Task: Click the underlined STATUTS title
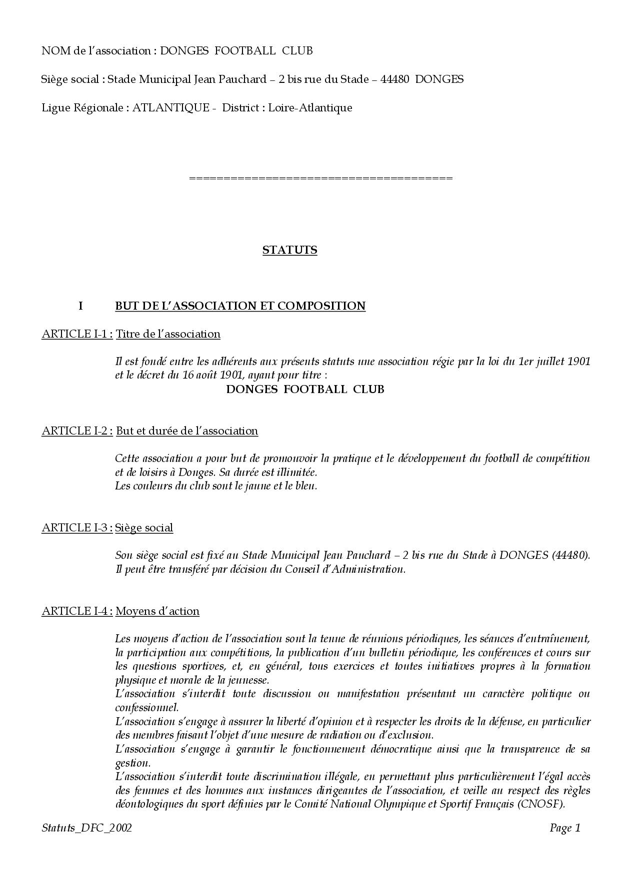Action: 289,250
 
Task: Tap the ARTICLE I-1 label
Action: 77,334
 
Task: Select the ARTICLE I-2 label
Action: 77,431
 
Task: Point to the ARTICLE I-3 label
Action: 77,528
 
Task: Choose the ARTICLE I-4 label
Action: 77,611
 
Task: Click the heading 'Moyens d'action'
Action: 157,611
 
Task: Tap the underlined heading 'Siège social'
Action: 144,528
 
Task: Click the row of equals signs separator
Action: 321,178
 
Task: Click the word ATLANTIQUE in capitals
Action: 170,108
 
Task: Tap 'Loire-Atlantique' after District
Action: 310,108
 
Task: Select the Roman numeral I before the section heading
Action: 80,306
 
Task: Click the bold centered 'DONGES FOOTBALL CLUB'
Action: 305,390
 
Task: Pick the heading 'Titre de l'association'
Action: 168,334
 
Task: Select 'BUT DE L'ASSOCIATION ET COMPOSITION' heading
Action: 240,306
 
